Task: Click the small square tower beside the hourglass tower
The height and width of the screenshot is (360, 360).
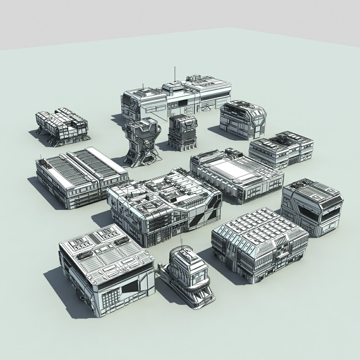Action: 182,132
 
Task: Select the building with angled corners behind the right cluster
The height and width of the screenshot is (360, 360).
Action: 243,118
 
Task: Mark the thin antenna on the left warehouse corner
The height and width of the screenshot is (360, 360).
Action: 41,156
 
